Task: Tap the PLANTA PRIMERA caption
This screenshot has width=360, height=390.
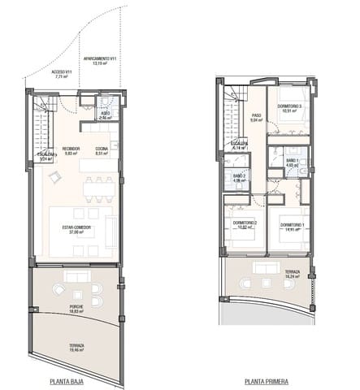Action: coord(266,379)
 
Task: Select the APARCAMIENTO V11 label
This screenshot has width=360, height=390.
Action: coord(103,59)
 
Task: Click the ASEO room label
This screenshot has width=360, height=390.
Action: coord(105,114)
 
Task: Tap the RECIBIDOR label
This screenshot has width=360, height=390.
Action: coord(70,149)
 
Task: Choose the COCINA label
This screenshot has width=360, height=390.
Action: coord(102,149)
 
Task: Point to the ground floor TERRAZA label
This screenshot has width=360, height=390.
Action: coord(76,345)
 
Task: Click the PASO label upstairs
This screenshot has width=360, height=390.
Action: coord(255,115)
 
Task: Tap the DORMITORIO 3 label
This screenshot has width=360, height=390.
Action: coord(289,106)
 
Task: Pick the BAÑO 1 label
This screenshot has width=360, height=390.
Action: coord(290,161)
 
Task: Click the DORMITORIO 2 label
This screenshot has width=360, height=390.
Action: coord(245,223)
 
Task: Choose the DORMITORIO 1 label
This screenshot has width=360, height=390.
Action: coord(292,225)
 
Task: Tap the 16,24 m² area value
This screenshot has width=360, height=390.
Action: coord(292,277)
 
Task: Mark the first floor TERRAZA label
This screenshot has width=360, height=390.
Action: coord(292,272)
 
